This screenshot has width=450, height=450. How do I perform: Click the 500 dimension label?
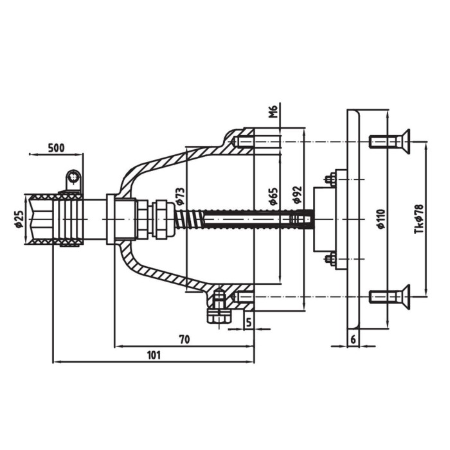point(57,147)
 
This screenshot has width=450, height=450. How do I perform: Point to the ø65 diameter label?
point(273,196)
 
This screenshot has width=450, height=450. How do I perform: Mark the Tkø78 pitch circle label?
point(419,220)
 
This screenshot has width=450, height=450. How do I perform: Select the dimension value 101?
point(154,354)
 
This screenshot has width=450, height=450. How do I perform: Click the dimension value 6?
point(354,338)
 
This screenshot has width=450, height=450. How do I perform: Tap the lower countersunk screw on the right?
point(390,296)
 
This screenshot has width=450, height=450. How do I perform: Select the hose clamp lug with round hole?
point(75,177)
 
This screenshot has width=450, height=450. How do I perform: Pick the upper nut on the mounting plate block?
point(329,179)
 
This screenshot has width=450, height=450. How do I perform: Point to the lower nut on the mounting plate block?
point(329,259)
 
